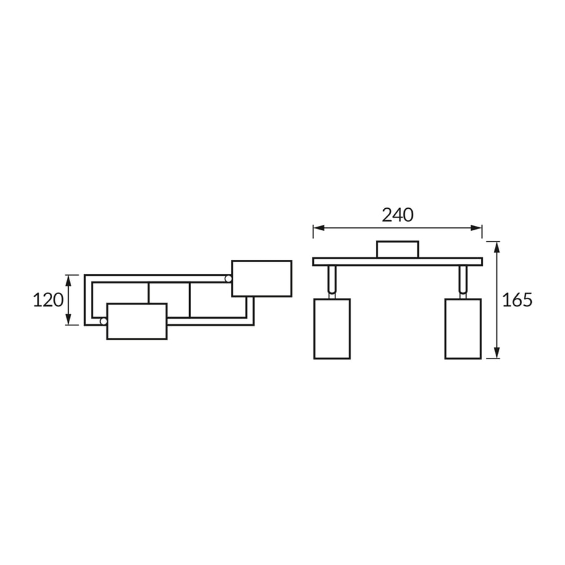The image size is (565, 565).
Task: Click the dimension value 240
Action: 397,215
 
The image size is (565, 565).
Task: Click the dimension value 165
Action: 517,300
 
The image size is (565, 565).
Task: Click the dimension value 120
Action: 48,300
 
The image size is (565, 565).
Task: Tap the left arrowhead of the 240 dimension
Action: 319,228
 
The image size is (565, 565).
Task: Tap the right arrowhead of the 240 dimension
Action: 476,228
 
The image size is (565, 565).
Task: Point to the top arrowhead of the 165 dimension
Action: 497,247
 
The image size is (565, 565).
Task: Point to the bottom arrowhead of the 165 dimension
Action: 497,353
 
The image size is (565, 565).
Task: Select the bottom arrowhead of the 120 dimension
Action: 68,319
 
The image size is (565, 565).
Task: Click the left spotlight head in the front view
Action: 332,329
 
